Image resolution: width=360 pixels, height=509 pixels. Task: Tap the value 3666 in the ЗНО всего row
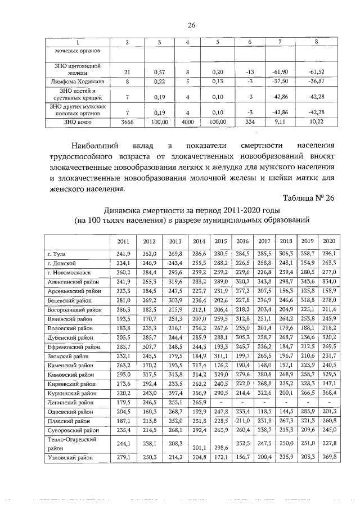tap(127, 121)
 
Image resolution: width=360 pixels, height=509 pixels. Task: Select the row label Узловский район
tap(70, 457)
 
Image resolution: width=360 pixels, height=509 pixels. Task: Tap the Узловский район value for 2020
tap(329, 457)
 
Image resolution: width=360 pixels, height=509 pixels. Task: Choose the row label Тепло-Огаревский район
tap(70, 443)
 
